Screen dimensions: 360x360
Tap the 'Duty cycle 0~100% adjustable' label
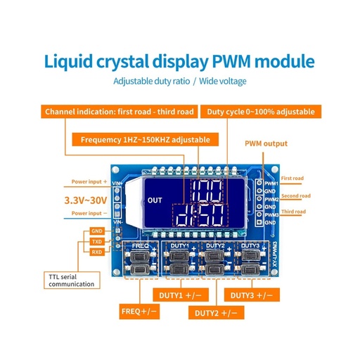point(262,112)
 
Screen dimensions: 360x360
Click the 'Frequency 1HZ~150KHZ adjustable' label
point(146,139)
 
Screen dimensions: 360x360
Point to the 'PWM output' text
point(266,143)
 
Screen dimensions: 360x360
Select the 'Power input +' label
point(90,181)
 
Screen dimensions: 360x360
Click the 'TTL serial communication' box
point(71,279)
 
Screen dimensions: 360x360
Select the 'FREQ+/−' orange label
point(139,309)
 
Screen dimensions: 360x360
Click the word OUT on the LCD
point(155,200)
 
